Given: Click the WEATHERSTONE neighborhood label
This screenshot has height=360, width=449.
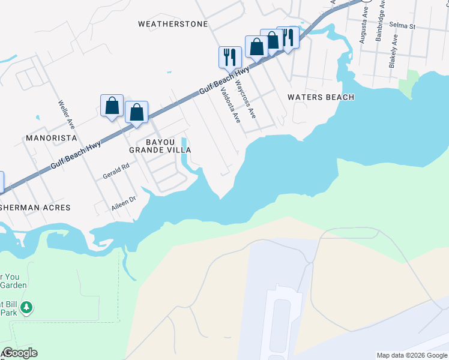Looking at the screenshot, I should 173,24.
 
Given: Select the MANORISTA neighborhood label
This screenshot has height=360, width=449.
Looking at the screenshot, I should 51,138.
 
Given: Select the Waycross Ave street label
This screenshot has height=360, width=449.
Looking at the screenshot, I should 246,99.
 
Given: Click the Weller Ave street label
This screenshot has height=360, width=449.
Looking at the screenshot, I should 67,114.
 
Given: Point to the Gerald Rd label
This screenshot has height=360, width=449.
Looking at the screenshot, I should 116,172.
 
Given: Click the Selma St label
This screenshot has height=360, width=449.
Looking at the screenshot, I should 402,26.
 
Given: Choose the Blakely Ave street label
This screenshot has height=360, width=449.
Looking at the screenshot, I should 394,50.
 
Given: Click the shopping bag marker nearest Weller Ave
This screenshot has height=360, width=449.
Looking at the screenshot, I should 112,106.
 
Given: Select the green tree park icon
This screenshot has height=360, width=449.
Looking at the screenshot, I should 26,308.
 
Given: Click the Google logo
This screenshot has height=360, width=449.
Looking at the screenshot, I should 19,353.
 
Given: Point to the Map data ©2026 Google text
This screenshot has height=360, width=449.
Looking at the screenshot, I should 412,355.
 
